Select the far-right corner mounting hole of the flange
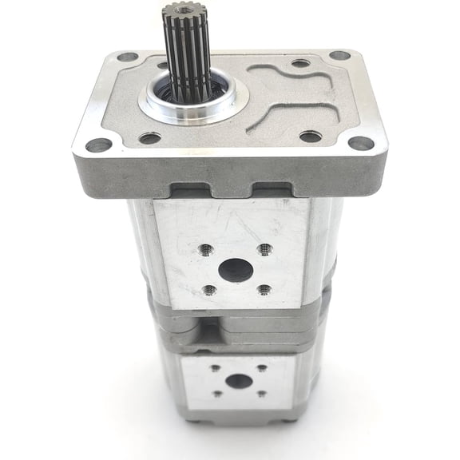click(x=339, y=56)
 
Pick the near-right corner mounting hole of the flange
click(x=361, y=143)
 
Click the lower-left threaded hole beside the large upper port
click(x=209, y=290)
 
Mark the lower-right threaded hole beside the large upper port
click(x=264, y=290)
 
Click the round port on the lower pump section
click(x=237, y=380)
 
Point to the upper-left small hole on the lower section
click(x=215, y=369)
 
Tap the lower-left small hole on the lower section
click(x=216, y=393)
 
